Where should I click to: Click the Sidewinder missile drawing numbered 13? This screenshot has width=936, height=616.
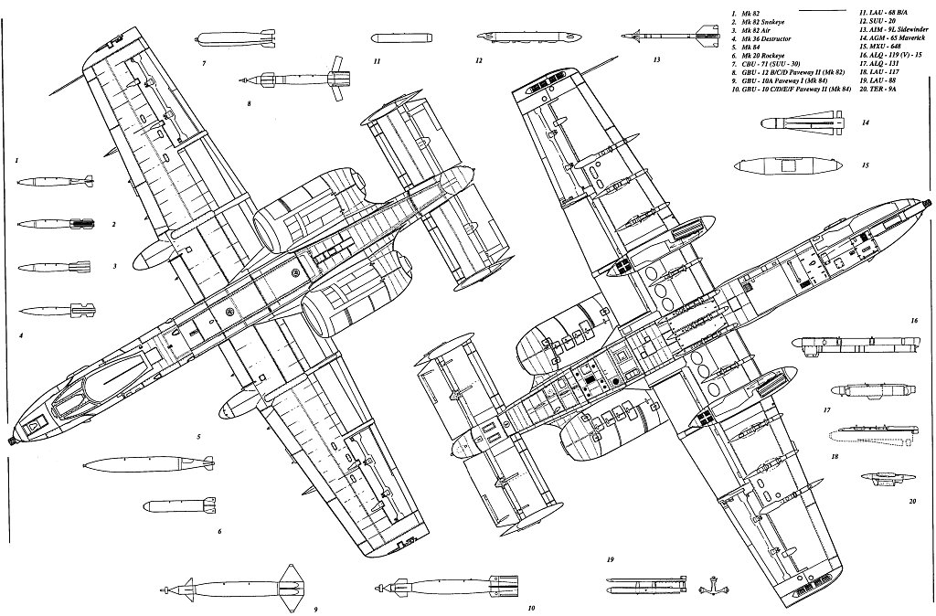(x=665, y=38)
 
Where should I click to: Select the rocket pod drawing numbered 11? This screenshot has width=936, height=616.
(x=402, y=39)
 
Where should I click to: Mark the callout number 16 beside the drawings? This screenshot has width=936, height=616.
(x=914, y=321)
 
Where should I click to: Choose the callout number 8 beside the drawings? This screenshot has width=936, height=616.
(x=249, y=103)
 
